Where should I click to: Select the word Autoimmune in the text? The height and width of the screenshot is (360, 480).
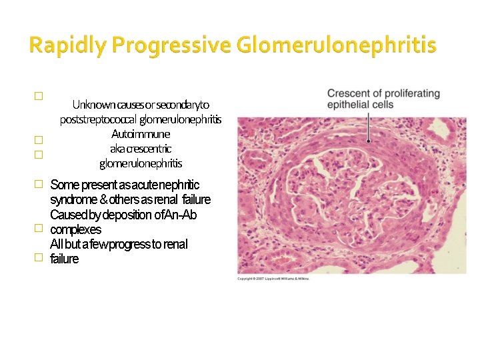pyautogui.click(x=141, y=134)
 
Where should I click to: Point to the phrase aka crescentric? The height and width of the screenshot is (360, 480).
pyautogui.click(x=141, y=149)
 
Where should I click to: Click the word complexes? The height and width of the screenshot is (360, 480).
pyautogui.click(x=76, y=229)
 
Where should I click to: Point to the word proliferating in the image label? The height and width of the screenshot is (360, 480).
pyautogui.click(x=415, y=93)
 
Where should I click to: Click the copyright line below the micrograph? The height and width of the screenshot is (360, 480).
pyautogui.click(x=274, y=279)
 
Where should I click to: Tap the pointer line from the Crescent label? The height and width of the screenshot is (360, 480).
pyautogui.click(x=371, y=127)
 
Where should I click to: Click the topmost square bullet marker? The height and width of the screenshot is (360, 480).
pyautogui.click(x=38, y=96)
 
